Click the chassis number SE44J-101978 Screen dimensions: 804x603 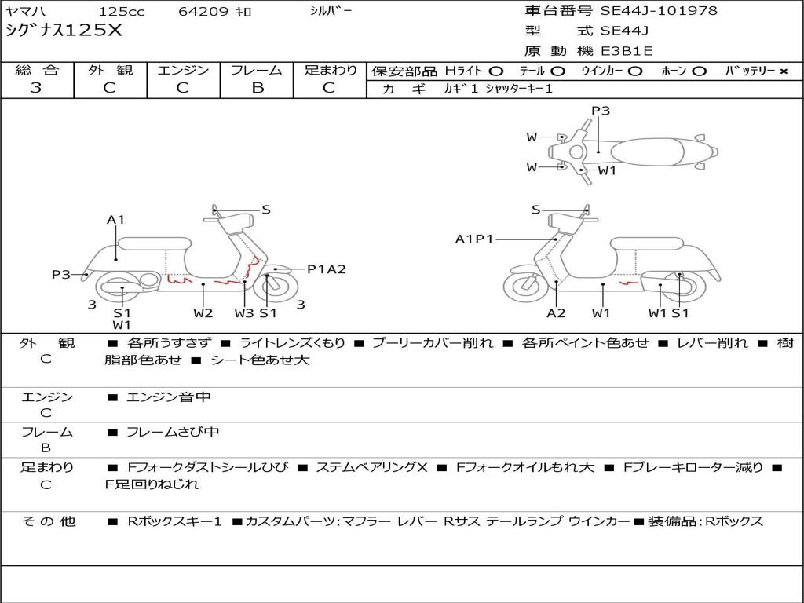[x=659, y=11]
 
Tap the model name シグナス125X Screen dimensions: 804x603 [x=64, y=31]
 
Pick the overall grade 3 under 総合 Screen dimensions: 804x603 [x=36, y=88]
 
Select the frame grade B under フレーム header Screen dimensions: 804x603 [x=258, y=88]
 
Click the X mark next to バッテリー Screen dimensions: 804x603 [x=784, y=71]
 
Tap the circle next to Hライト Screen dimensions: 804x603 [x=496, y=71]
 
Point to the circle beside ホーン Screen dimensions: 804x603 [x=700, y=71]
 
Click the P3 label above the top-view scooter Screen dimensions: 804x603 [x=601, y=111]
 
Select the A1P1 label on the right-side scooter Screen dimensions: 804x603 [x=473, y=239]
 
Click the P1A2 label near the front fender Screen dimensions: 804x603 [x=327, y=269]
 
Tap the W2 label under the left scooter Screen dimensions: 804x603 [x=203, y=312]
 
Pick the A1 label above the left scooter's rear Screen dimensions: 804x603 [x=115, y=220]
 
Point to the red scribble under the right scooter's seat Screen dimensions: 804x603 [x=629, y=283]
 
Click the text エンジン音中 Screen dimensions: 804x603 [x=168, y=397]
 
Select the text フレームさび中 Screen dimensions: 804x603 [x=173, y=433]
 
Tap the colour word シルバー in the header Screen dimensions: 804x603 [x=331, y=11]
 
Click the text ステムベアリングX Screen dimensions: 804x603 [x=371, y=468]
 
